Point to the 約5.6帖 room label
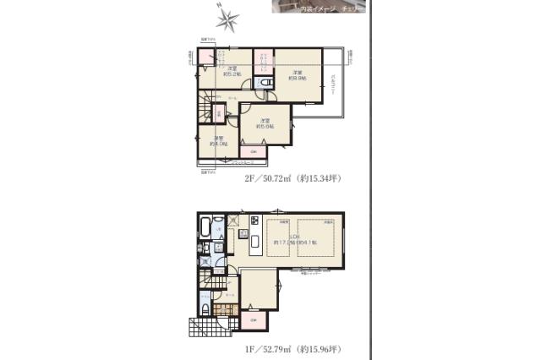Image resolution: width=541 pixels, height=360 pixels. click(264, 123)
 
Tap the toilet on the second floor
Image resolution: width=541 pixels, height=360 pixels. click(267, 81)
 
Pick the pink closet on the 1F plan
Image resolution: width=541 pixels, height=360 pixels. click(254, 321)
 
